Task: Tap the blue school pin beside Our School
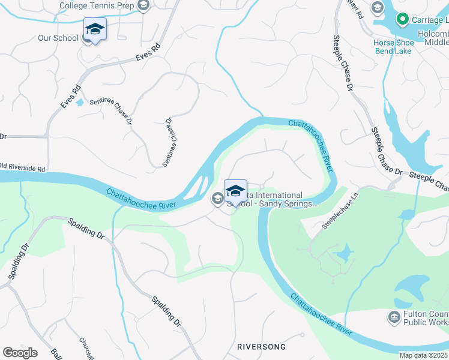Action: (x=95, y=29)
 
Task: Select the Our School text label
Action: (x=58, y=38)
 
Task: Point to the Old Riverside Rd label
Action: (x=23, y=169)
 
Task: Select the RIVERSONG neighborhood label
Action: (x=261, y=347)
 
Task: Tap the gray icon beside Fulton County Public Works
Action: (x=394, y=316)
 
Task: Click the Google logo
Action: (x=20, y=353)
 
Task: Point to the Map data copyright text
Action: (x=424, y=355)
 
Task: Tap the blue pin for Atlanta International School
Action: (x=235, y=191)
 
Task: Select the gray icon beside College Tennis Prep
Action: (x=143, y=6)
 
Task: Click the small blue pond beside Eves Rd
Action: (x=80, y=101)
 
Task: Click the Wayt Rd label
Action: (x=359, y=11)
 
